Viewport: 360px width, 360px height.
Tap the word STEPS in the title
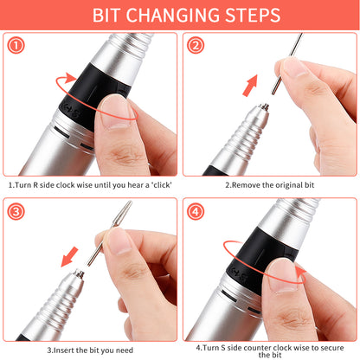tap(260, 15)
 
